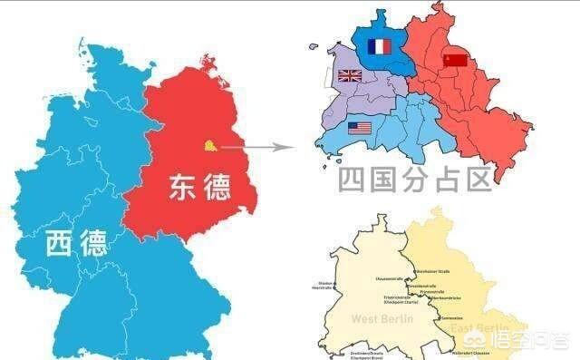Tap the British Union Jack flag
(x=350, y=76)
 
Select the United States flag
(x=360, y=128)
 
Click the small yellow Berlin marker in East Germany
(x=210, y=143)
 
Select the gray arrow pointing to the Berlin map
(x=259, y=145)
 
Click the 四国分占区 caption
(x=415, y=178)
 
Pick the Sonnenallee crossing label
(x=453, y=318)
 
